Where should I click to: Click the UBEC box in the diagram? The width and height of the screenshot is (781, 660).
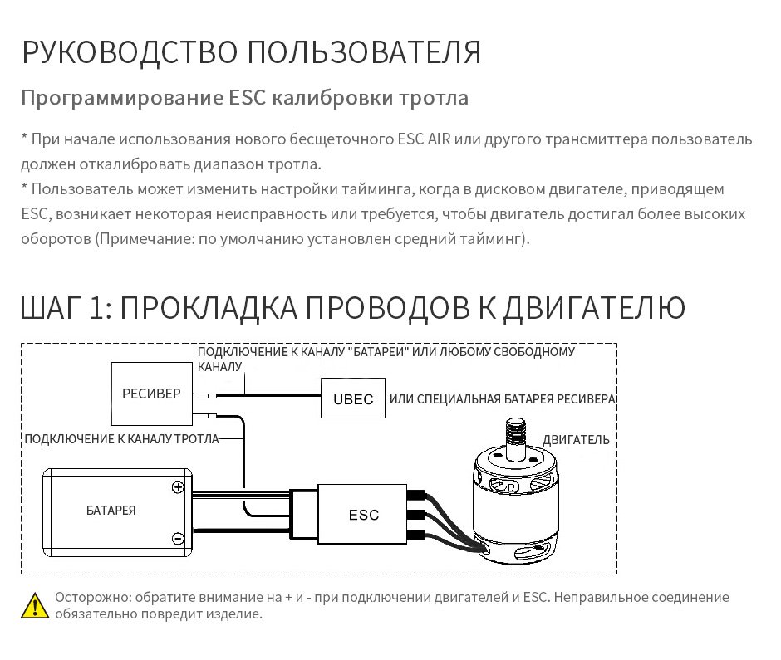352,398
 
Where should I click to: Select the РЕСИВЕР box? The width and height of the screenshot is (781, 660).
151,394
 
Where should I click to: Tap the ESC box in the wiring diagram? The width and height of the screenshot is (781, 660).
362,514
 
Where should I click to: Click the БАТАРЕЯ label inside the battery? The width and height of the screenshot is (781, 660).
111,511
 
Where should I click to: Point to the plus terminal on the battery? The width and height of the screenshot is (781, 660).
178,487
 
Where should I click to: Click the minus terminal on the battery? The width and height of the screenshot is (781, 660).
178,538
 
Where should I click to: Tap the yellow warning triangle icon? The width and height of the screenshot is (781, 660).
35,605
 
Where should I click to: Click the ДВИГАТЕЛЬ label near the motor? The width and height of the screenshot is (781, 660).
576,439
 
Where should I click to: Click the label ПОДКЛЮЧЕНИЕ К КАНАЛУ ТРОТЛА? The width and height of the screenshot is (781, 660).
121,438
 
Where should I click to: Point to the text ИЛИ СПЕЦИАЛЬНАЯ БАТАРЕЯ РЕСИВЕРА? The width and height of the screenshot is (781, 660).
502,399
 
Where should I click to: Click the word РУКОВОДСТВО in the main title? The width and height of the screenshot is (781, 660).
130,52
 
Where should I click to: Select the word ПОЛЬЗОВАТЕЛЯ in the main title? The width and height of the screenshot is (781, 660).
365,52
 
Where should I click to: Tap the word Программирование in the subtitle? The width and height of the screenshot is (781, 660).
122,98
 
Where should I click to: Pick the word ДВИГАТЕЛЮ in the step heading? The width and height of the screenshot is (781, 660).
594,309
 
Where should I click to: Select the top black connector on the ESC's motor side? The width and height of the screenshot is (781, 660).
416,496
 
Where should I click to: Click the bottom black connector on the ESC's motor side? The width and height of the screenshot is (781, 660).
416,535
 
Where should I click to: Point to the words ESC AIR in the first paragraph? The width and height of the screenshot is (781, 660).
424,139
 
